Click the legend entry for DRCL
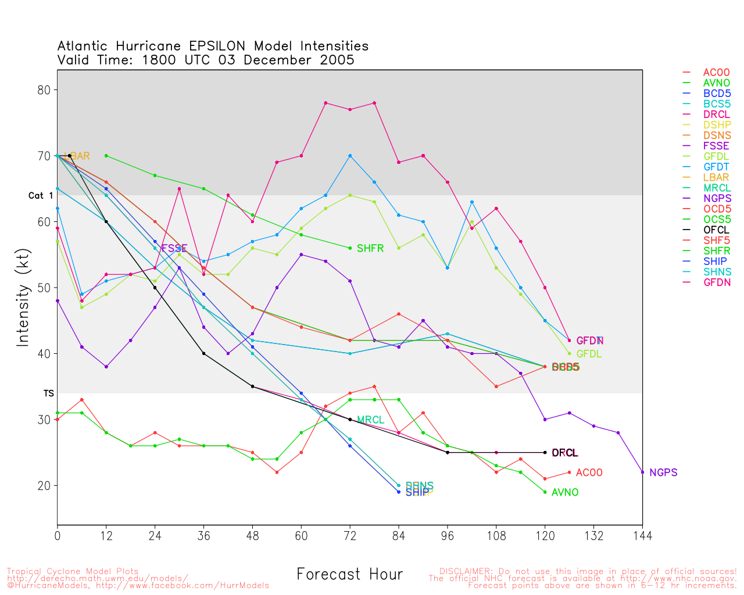tap(716, 114)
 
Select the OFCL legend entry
tap(716, 230)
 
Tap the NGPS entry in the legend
tap(717, 199)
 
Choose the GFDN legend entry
tap(717, 282)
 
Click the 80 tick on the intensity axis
tap(44, 90)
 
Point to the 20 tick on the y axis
tap(44, 486)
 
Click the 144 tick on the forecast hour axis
tap(642, 535)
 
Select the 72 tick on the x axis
tap(350, 535)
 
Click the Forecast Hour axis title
tap(349, 575)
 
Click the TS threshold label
tap(49, 393)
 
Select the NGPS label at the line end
tap(663, 473)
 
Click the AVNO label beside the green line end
tap(565, 493)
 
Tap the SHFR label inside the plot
tap(370, 249)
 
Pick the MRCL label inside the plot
tap(370, 420)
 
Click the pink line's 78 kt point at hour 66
tap(325, 103)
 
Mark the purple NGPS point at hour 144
tap(642, 472)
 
